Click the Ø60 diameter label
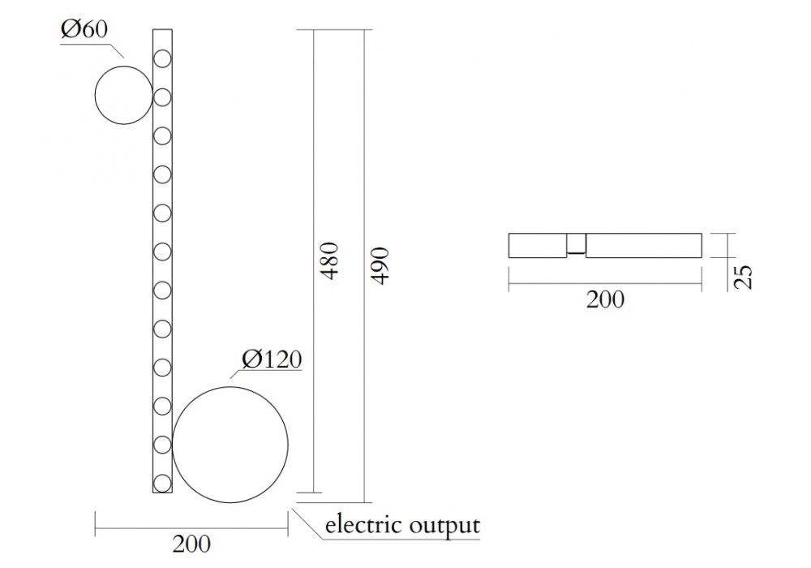[x=84, y=29]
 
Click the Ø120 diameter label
[x=272, y=359]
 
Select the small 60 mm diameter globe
[x=123, y=96]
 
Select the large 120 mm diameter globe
[x=230, y=439]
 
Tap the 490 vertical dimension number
[x=380, y=265]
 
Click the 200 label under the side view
[x=605, y=299]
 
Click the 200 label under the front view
[x=191, y=544]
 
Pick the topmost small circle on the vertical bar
[x=162, y=58]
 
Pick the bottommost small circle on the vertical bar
[x=162, y=483]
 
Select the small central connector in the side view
[x=576, y=245]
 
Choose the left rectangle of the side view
[x=537, y=246]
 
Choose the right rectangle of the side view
[x=643, y=246]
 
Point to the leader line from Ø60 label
[x=114, y=48]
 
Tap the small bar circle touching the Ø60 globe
[x=162, y=97]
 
